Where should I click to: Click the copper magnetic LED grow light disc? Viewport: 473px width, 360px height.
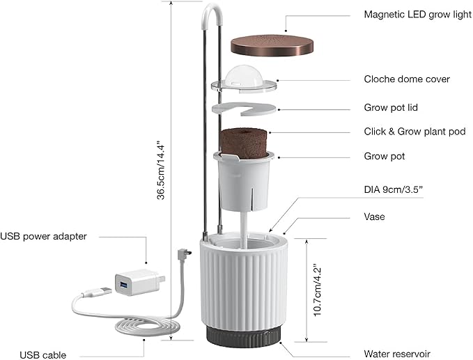[272, 46]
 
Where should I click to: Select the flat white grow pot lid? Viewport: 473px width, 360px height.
[244, 109]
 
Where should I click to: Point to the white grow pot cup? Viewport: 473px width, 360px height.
[244, 181]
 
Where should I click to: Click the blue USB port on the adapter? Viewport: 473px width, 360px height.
[123, 284]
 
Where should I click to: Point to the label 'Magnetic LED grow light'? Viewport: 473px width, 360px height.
[417, 15]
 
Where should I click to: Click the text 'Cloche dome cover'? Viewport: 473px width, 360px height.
[407, 79]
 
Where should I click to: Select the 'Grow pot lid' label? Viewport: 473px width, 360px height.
[391, 108]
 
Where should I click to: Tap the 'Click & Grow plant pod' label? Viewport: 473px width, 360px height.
[414, 132]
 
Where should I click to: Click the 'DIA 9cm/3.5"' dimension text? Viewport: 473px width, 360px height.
[394, 189]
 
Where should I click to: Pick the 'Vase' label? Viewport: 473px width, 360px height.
[374, 217]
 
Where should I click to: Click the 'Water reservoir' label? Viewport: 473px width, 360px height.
[396, 354]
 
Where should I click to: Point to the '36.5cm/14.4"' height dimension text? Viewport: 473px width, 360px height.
[161, 170]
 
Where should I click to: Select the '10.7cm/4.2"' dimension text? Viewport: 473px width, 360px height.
[318, 290]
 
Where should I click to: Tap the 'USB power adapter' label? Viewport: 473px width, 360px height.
[43, 236]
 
